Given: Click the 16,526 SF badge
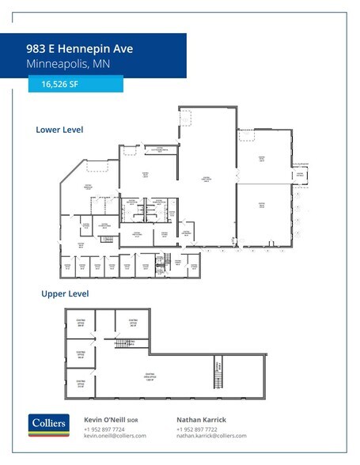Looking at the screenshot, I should pos(76,84).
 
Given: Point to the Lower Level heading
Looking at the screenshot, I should pos(59,129).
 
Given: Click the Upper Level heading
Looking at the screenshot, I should pos(65,293).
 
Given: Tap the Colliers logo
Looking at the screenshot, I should pos(49,425).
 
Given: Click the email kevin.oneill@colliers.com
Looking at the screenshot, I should pos(115,436).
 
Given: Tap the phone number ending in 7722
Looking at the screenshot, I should pos(196,429).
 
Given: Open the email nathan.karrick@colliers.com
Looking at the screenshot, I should pos(211,436).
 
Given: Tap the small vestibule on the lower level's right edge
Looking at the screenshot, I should pos(300,176).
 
